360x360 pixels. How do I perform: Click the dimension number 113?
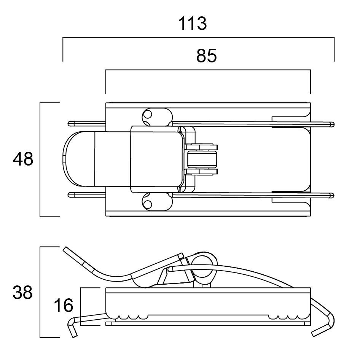point(193,24)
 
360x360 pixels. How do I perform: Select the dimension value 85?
point(206,56)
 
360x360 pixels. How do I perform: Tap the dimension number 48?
point(23,159)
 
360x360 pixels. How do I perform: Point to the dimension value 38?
point(23,293)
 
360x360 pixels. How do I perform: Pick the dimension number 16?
point(63,305)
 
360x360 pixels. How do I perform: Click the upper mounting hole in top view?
point(148,114)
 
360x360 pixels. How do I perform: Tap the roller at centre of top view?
point(202,159)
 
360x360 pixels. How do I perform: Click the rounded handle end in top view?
point(72,159)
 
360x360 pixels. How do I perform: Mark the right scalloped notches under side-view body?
point(288,317)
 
